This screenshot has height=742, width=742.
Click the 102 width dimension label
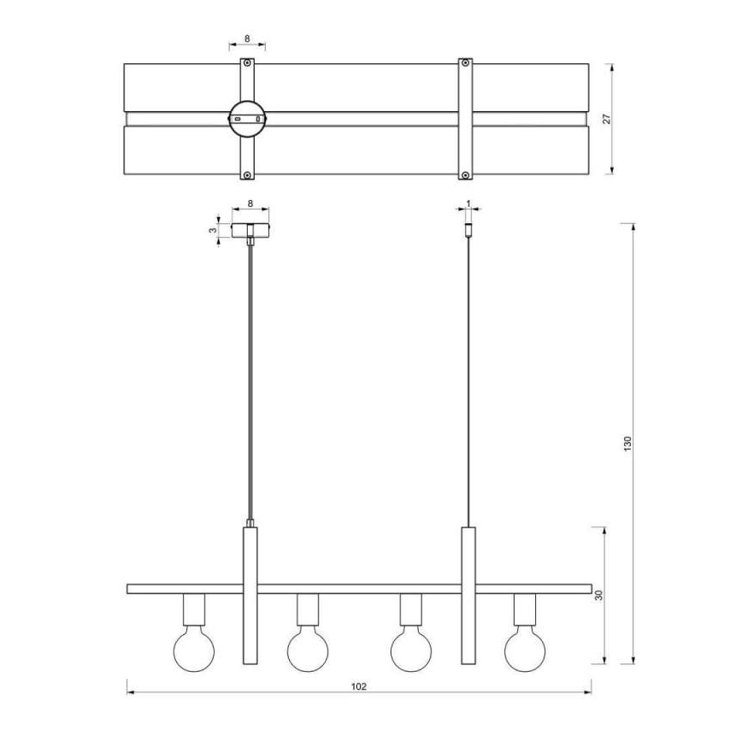[x=359, y=686]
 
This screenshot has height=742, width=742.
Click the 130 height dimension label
[x=628, y=444]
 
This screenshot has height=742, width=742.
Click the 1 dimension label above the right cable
[x=468, y=203]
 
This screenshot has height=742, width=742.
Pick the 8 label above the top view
[x=247, y=38]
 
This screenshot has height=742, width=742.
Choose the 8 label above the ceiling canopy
[x=250, y=203]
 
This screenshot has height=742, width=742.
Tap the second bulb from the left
[x=308, y=651]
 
